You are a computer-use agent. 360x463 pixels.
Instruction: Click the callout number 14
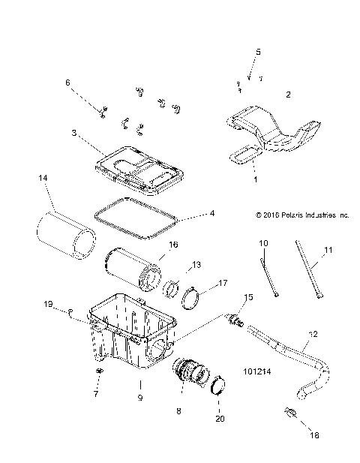tap(43, 177)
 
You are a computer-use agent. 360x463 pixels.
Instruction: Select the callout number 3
tap(74, 133)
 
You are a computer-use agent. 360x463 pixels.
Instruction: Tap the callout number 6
tap(67, 82)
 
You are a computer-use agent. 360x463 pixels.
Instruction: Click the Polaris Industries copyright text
tap(301, 215)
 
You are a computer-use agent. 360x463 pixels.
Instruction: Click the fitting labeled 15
tap(239, 321)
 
